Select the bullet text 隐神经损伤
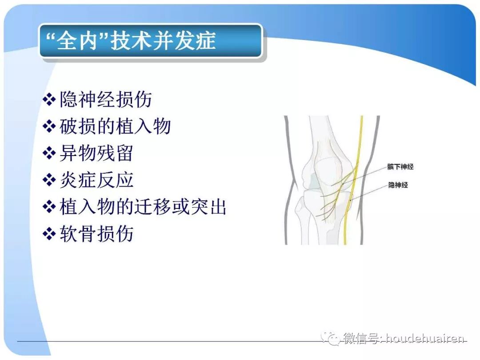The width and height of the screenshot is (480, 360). pyautogui.click(x=106, y=100)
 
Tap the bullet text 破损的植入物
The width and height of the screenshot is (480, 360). pyautogui.click(x=115, y=127)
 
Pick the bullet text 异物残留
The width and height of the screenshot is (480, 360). pyautogui.click(x=96, y=153)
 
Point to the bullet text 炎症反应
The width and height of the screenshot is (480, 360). pyautogui.click(x=96, y=180)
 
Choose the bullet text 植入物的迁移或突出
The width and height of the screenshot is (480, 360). pyautogui.click(x=143, y=207)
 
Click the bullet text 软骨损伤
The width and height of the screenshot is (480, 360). pyautogui.click(x=96, y=234)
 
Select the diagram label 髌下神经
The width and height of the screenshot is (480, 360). pyautogui.click(x=400, y=167)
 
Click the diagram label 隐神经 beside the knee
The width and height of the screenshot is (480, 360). pyautogui.click(x=398, y=185)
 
